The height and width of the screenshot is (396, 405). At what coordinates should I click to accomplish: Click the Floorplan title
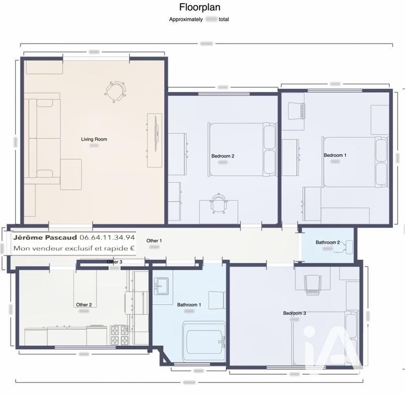tap(200, 8)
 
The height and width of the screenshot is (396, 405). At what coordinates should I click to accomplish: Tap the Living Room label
tap(94, 139)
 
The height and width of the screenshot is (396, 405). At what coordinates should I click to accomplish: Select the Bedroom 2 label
tap(223, 156)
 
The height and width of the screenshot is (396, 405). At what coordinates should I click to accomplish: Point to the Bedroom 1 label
tap(335, 155)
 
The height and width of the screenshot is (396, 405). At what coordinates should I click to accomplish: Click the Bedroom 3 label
tap(294, 313)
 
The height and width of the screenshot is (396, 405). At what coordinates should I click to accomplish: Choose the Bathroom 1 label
tap(189, 305)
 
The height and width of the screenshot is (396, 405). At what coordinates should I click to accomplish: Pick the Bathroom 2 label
tap(328, 242)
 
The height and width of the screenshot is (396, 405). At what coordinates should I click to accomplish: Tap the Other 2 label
tap(84, 305)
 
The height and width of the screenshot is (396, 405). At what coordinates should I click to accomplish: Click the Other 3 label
tap(114, 262)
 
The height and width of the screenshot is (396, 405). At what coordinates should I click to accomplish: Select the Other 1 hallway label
tap(154, 240)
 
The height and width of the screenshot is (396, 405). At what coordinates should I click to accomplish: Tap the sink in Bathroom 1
tap(163, 285)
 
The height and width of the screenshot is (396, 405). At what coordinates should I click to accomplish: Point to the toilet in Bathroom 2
tap(349, 246)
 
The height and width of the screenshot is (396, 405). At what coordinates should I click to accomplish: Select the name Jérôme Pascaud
tap(46, 237)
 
